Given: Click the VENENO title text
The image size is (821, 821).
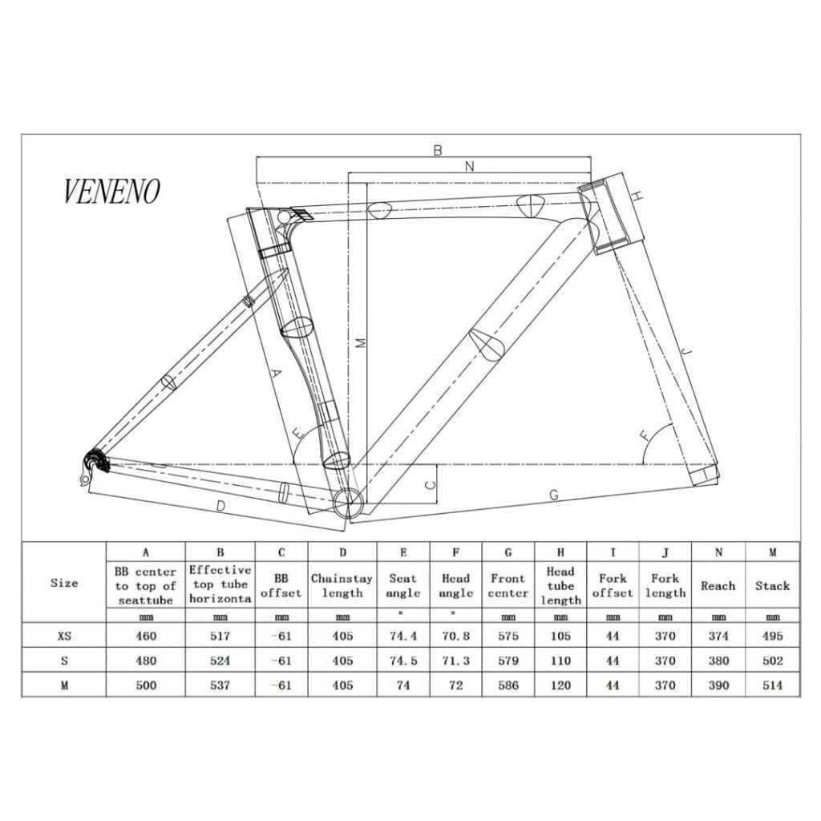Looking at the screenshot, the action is pos(111,191).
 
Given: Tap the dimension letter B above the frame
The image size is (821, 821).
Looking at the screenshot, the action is pos(438,150).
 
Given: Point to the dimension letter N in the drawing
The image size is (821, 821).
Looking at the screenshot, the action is pos(470,166).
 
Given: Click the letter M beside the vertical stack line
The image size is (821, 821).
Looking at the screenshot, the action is pos(360,343).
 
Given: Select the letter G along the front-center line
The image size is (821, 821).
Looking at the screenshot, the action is pos(554,494).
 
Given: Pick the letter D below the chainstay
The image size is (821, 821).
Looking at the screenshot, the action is pos(221,506).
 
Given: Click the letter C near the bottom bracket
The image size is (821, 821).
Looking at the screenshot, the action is pos(430,484).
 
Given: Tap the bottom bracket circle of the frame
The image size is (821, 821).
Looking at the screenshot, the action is pos(348,502).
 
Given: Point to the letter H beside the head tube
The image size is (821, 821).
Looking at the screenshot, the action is pos(637,196).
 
